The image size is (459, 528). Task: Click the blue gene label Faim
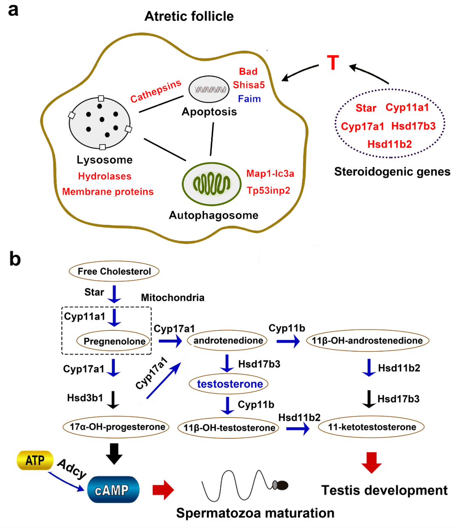pyautogui.click(x=249, y=99)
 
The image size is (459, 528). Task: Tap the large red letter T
pyautogui.click(x=333, y=62)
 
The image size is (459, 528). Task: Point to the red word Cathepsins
pyautogui.click(x=156, y=91)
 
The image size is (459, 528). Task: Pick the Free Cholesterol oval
pyautogui.click(x=114, y=271)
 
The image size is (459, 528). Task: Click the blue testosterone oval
pyautogui.click(x=228, y=384)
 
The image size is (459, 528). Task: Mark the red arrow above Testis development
pyautogui.click(x=371, y=463)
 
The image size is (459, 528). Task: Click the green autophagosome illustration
pyautogui.click(x=212, y=184)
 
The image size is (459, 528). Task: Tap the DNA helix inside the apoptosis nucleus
pyautogui.click(x=210, y=90)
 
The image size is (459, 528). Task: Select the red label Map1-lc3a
pyautogui.click(x=270, y=173)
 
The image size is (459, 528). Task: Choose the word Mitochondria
pyautogui.click(x=173, y=298)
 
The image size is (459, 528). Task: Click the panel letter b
pyautogui.click(x=15, y=259)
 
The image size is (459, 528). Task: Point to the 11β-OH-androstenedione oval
pyautogui.click(x=367, y=341)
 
